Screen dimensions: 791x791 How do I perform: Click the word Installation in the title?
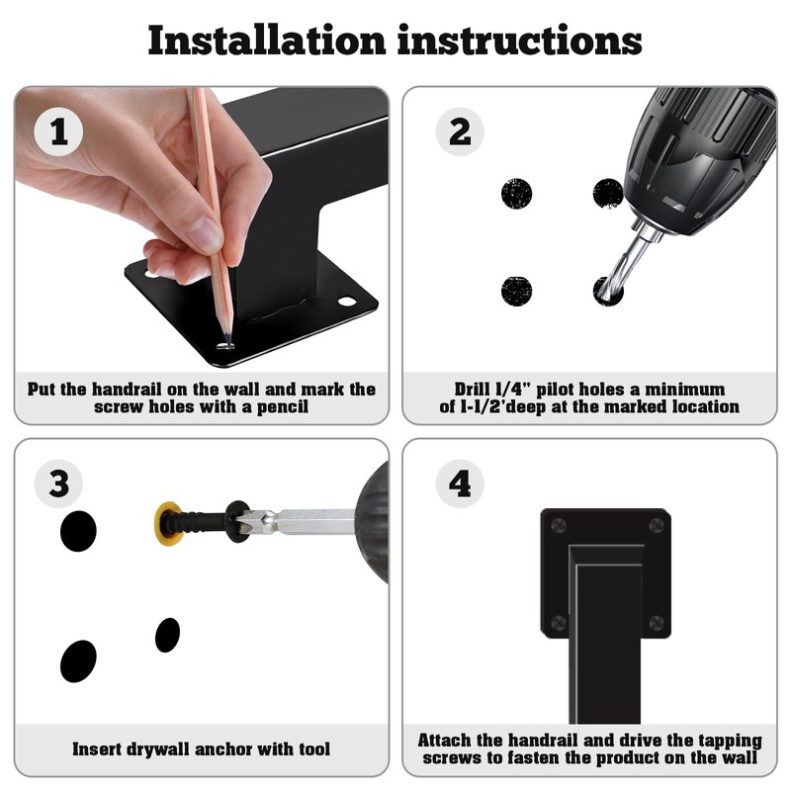tap(267, 40)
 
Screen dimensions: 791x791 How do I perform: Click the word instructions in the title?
tap(520, 40)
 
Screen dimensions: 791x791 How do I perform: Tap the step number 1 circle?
tap(58, 132)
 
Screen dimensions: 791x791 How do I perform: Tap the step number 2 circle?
tap(460, 132)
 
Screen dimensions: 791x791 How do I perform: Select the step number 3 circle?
tap(58, 483)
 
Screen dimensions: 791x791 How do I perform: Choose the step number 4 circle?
tap(460, 483)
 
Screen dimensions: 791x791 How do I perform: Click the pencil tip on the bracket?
tap(228, 343)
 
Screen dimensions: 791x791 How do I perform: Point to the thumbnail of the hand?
tap(206, 233)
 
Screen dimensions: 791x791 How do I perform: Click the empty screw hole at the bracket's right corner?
tap(346, 302)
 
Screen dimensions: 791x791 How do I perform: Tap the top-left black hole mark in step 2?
tap(516, 193)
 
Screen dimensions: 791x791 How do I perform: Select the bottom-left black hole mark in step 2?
tap(516, 291)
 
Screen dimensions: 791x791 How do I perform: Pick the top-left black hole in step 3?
tap(78, 531)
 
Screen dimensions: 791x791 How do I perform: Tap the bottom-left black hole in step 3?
tap(78, 660)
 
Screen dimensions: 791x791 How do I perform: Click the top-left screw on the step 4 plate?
tap(558, 526)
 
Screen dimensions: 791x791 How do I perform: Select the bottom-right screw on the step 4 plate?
tap(657, 623)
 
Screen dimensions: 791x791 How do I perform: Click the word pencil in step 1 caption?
tap(283, 406)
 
